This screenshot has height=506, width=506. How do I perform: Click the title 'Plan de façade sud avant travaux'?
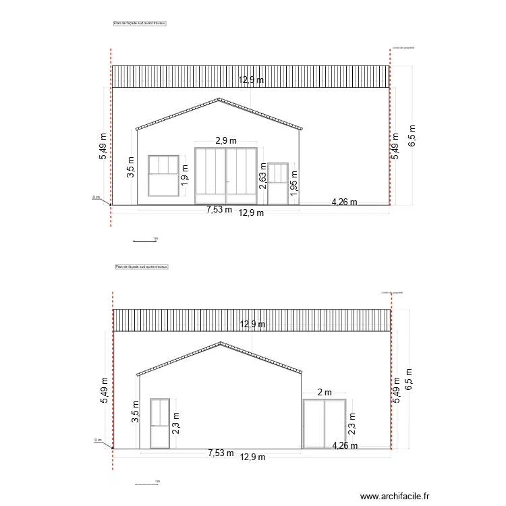click(140, 23)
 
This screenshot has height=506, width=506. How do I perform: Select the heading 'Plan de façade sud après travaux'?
click(142, 267)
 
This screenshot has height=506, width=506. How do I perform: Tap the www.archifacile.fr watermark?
click(395, 496)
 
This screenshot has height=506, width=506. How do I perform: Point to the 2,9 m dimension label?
click(226, 141)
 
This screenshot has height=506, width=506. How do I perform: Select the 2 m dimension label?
click(325, 393)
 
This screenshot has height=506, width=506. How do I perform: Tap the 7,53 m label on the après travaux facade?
click(221, 453)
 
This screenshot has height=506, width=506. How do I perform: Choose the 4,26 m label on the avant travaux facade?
click(344, 201)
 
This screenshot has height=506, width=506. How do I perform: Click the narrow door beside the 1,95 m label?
click(278, 184)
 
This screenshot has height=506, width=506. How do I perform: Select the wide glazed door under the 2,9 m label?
click(226, 175)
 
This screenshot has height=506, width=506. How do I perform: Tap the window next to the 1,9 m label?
click(162, 175)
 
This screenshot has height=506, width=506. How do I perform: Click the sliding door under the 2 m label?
click(325, 423)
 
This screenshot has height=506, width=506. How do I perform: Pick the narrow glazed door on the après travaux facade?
click(159, 423)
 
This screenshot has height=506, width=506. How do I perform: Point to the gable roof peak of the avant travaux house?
click(219, 100)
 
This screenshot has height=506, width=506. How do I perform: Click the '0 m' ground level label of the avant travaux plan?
click(96, 198)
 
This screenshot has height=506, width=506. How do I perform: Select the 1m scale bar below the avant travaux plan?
click(145, 240)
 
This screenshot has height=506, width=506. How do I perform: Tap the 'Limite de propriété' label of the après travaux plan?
click(392, 293)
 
